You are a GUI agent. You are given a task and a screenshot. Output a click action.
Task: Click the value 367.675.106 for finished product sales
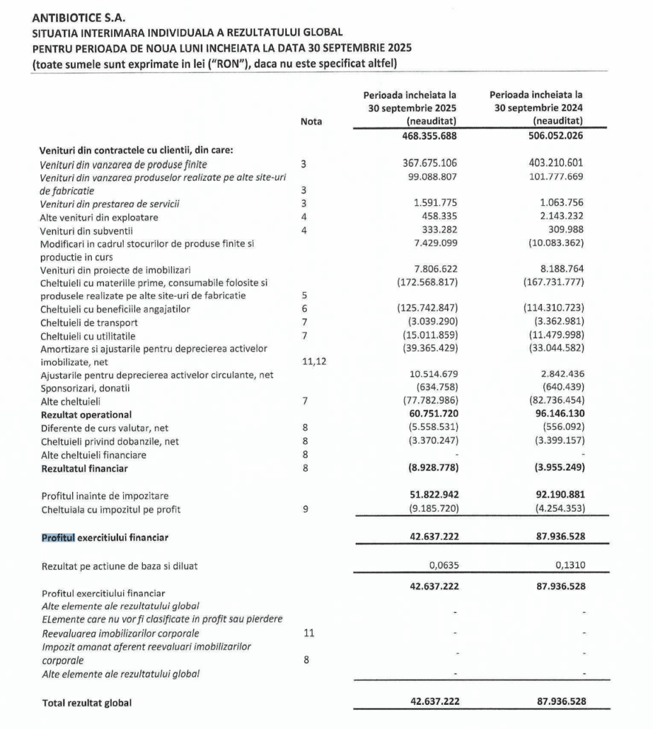click(x=428, y=164)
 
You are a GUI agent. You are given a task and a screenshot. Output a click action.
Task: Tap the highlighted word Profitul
click(x=58, y=537)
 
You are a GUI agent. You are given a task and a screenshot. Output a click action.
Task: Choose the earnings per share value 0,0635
click(x=443, y=564)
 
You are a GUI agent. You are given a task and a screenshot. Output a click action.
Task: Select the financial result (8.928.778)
click(x=429, y=468)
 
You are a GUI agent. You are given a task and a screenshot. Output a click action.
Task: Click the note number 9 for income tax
click(x=304, y=509)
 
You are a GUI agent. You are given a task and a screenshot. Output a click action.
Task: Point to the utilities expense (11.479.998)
click(x=552, y=336)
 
